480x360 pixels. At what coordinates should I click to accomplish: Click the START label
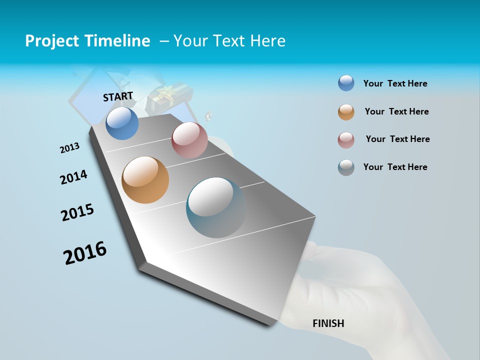point(118,96)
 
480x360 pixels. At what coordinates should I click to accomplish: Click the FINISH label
point(328,323)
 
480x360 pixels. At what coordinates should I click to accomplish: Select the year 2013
point(69,148)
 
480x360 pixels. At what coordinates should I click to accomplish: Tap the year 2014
point(73,177)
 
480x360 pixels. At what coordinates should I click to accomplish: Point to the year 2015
point(77,212)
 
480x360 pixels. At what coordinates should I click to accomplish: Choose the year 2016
point(85,253)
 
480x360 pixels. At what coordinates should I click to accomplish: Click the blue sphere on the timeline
point(122,123)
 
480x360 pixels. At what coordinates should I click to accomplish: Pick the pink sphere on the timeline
point(189,140)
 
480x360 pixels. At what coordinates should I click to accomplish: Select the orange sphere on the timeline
point(145,180)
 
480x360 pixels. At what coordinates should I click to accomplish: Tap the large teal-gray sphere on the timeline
point(216,207)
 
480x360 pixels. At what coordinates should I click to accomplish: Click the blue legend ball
point(346,83)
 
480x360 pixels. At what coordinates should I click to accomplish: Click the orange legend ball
point(346,112)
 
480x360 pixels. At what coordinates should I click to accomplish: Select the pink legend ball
point(346,140)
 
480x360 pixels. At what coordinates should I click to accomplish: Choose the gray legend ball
point(346,167)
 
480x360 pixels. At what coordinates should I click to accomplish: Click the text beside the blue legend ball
point(395,83)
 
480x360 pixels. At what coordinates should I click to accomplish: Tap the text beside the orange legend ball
point(396,111)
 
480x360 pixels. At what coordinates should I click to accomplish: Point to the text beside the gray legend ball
point(395,167)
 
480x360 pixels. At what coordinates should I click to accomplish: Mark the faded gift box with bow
point(168,98)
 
